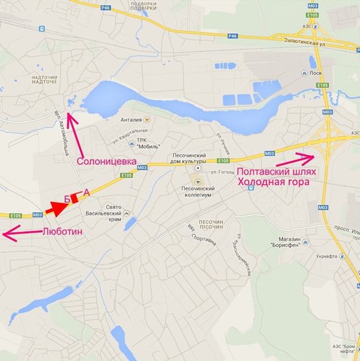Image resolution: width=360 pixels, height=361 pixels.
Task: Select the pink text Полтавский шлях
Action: pyautogui.click(x=276, y=171)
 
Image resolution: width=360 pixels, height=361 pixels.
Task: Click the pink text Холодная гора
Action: pyautogui.click(x=272, y=182)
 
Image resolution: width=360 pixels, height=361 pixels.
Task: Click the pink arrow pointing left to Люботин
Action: pyautogui.click(x=19, y=232)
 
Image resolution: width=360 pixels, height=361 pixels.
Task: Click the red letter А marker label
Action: pyautogui.click(x=86, y=192)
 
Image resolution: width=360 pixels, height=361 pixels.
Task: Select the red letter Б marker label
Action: pyautogui.click(x=68, y=199)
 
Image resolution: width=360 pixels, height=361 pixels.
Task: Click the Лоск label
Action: pyautogui.click(x=316, y=73)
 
